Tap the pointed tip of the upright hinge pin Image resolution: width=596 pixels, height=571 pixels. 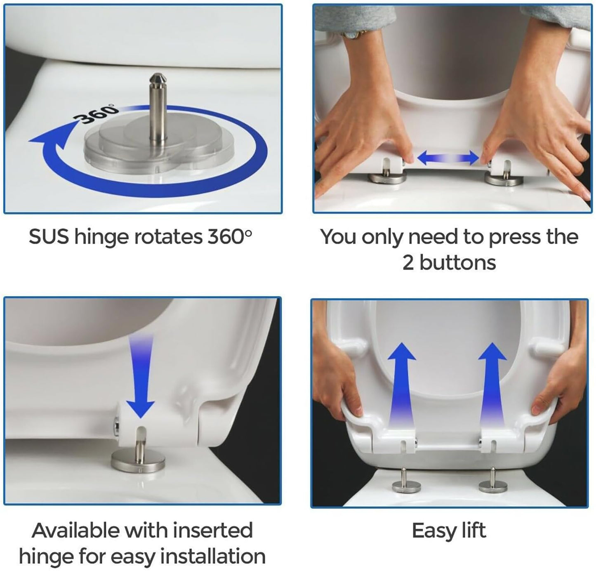point(158,74)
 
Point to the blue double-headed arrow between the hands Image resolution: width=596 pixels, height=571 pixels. point(448,158)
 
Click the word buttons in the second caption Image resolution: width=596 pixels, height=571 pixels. point(457,262)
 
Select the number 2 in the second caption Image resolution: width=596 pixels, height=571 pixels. point(408,263)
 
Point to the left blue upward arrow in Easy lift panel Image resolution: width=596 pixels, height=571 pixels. point(401,385)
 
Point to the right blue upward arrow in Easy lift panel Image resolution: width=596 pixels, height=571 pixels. point(492,385)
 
